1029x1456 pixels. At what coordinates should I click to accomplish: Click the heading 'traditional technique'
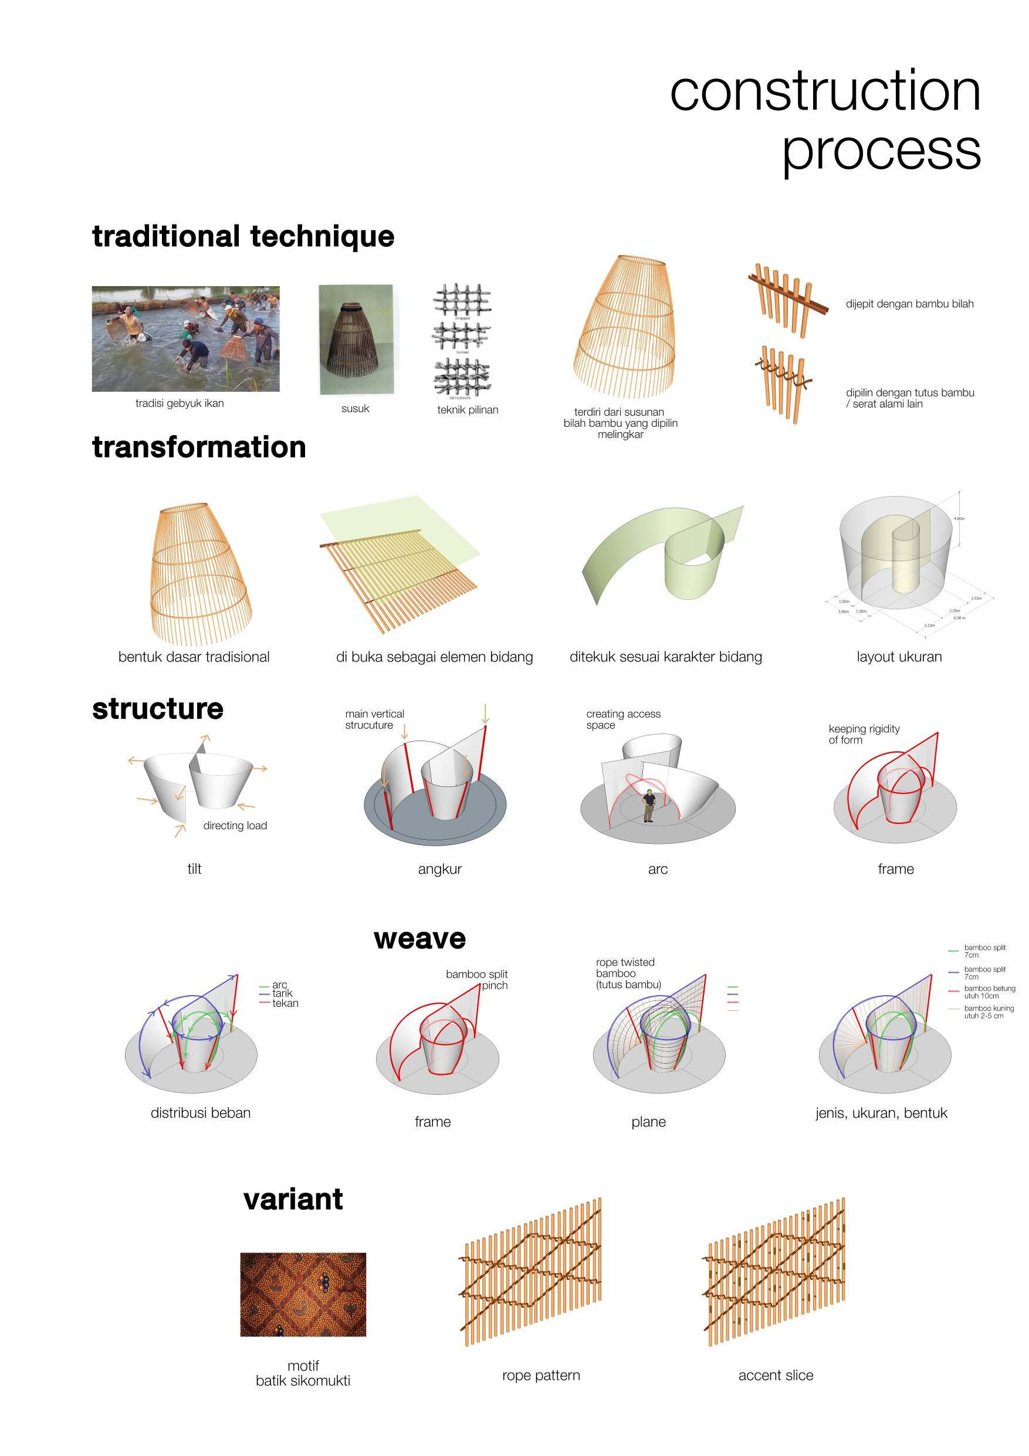click(x=243, y=236)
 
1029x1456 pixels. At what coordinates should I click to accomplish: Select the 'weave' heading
click(x=419, y=939)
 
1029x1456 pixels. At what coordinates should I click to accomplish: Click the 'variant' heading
click(x=293, y=1199)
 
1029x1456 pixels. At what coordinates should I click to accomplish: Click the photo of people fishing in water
click(x=185, y=338)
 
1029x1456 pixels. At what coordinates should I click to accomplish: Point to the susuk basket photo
click(x=356, y=340)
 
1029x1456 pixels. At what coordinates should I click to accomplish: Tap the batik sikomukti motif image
click(x=303, y=1294)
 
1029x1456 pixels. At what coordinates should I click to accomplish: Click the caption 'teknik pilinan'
click(x=468, y=410)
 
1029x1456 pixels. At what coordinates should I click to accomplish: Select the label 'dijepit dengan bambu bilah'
click(x=909, y=304)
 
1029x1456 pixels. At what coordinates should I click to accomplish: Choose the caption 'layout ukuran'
click(x=899, y=657)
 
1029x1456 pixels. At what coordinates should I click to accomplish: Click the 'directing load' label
click(x=235, y=826)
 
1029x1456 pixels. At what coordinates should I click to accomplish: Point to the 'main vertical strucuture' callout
click(x=374, y=719)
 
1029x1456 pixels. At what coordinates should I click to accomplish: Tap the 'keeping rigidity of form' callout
click(x=864, y=734)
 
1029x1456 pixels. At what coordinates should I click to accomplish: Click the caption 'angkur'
click(x=439, y=870)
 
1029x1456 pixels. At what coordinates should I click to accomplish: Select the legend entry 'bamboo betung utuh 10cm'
click(x=989, y=992)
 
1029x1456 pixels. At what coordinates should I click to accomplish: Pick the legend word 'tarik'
click(x=282, y=994)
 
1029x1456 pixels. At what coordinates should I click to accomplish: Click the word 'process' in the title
click(x=881, y=150)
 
